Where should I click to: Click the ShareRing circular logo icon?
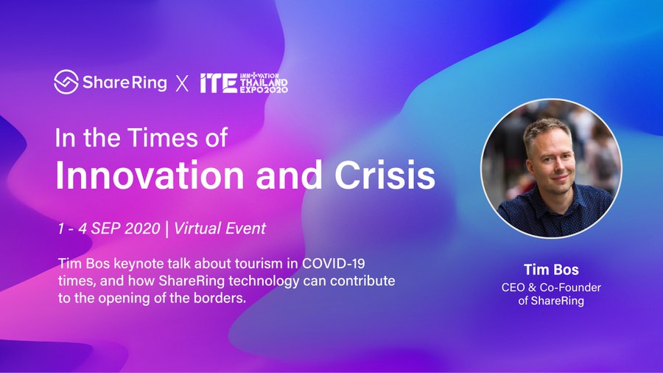[x=66, y=82]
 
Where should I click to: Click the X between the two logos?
[x=182, y=83]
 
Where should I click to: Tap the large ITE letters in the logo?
[x=218, y=83]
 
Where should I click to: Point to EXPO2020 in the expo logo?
[x=264, y=90]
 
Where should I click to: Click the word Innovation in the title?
[x=150, y=175]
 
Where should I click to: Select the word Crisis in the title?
[x=385, y=175]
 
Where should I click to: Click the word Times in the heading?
[x=163, y=137]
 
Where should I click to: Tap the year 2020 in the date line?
[x=142, y=229]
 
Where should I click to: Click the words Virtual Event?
[x=220, y=229]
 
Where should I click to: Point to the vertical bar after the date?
[x=167, y=229]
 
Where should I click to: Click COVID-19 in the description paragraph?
[x=333, y=263]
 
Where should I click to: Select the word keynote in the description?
[x=138, y=264]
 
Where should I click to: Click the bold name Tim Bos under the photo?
[x=551, y=269]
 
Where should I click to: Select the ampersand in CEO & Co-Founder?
[x=533, y=287]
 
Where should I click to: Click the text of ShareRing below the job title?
[x=551, y=301]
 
